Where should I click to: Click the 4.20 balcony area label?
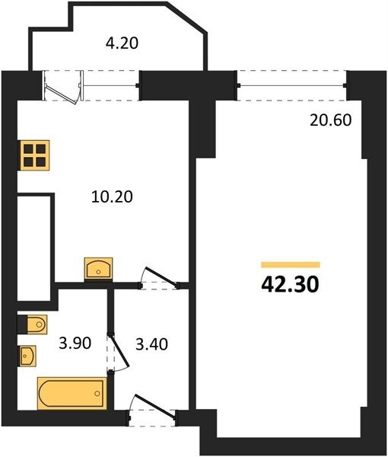122,43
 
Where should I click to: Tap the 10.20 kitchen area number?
112,197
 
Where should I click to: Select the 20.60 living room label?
331,120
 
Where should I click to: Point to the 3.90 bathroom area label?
75,343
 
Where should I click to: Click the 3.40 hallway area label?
151,344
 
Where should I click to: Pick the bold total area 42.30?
290,284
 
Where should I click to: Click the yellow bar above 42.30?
291,264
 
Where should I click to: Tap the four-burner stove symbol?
33,155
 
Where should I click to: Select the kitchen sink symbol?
98,268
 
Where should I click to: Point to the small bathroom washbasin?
28,356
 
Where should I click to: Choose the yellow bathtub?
72,394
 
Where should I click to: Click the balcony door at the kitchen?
63,87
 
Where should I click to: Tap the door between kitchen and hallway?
160,279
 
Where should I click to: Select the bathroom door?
119,353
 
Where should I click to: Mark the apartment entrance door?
152,411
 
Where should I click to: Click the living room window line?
292,85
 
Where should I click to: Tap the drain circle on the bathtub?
97,394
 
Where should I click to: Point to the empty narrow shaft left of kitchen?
34,248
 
